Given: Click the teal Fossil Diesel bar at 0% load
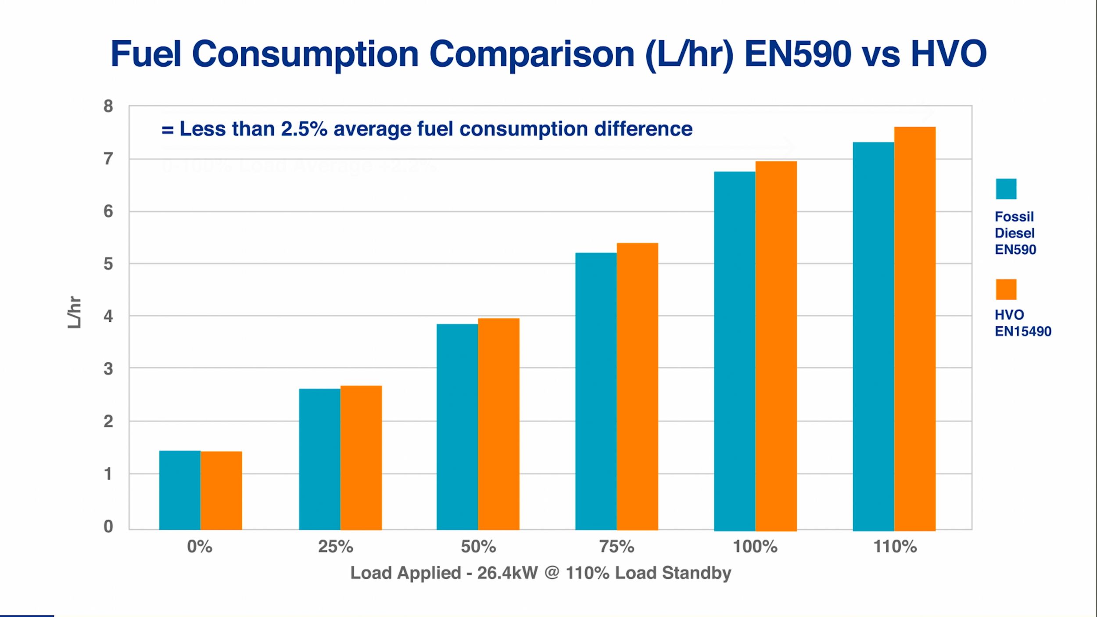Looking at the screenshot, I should [x=179, y=490].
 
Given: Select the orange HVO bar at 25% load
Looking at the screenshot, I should [x=361, y=458].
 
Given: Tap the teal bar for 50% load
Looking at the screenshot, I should [x=457, y=427].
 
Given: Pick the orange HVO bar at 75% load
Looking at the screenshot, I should [x=637, y=386].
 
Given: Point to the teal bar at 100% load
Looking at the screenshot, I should [x=734, y=351].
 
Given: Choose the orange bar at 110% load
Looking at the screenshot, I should [x=914, y=329].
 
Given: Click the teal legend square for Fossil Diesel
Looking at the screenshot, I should [x=1006, y=189].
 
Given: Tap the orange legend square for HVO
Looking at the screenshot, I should [x=1006, y=289].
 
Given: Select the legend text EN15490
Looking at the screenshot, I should [x=1022, y=332].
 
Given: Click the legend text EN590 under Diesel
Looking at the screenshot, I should [x=1015, y=250].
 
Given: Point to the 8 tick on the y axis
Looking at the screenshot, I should [x=108, y=106].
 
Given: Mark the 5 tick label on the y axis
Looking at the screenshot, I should [x=108, y=264].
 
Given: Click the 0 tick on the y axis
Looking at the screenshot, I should [x=108, y=526].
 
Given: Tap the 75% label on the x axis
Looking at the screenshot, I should [x=617, y=547].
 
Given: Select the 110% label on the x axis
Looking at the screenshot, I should [x=895, y=547].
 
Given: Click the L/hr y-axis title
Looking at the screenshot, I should [x=75, y=312].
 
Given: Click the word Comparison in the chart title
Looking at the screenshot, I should [x=531, y=54].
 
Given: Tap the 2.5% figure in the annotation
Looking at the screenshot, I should [x=304, y=129].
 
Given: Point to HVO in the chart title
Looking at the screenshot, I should [x=948, y=54].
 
